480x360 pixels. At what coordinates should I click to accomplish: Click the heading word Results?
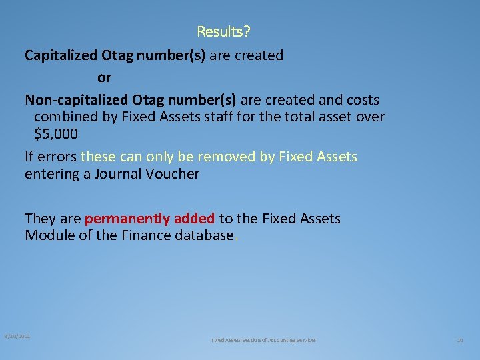pos(224,31)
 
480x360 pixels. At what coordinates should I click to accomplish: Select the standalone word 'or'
pos(104,77)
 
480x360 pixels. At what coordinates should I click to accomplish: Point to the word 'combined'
pos(65,117)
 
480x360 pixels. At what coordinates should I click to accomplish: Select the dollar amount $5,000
pos(56,133)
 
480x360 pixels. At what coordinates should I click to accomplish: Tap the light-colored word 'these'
pos(98,157)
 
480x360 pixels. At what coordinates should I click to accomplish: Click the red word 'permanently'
pos(127,219)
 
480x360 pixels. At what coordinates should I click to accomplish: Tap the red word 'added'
pos(194,219)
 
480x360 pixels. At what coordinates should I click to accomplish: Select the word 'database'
pos(199,235)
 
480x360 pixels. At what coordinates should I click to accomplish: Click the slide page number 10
pos(459,340)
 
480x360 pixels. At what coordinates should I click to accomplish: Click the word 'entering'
pos(52,174)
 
